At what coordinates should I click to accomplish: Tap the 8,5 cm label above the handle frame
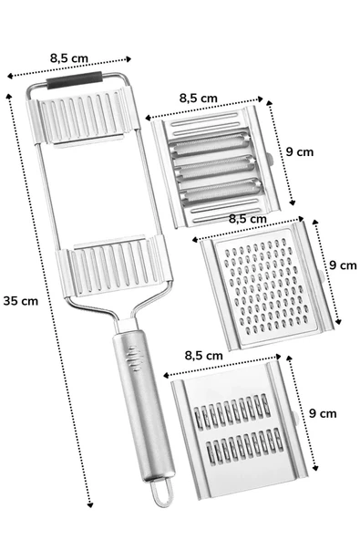tap(71, 57)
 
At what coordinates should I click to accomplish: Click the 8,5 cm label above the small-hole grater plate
tap(247, 219)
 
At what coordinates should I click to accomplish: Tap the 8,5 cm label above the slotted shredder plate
tap(202, 355)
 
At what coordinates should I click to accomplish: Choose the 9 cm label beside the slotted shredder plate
tap(322, 412)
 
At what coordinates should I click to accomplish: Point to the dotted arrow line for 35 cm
tap(50, 301)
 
